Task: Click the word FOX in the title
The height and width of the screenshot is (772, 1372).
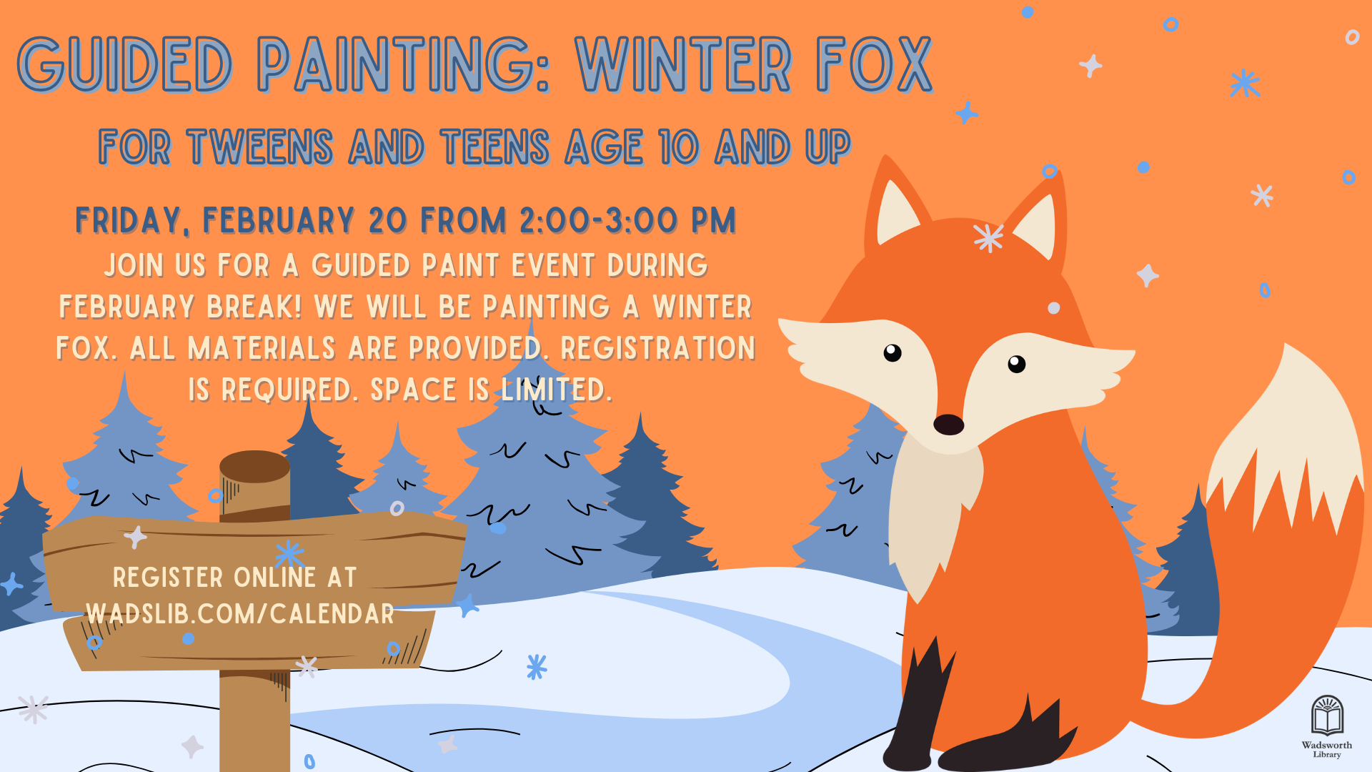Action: pos(875,65)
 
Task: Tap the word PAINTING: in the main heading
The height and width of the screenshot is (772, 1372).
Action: pos(404,65)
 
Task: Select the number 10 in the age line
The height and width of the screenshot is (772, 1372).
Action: pos(678,147)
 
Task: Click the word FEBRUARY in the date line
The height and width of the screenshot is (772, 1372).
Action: pos(279,220)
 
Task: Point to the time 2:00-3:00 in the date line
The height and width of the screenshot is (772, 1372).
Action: pos(598,220)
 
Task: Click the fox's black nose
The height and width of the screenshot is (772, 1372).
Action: pos(948,425)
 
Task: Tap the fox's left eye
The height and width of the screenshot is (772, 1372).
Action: pos(893,352)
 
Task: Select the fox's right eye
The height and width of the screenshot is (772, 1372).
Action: pos(1016,364)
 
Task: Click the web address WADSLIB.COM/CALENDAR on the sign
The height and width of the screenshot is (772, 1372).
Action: pos(240,614)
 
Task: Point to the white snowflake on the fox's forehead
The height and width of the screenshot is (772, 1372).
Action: pos(988,238)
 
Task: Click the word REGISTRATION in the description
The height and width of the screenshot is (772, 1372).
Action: pos(657,349)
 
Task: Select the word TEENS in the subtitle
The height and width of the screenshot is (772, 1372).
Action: pos(494,147)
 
